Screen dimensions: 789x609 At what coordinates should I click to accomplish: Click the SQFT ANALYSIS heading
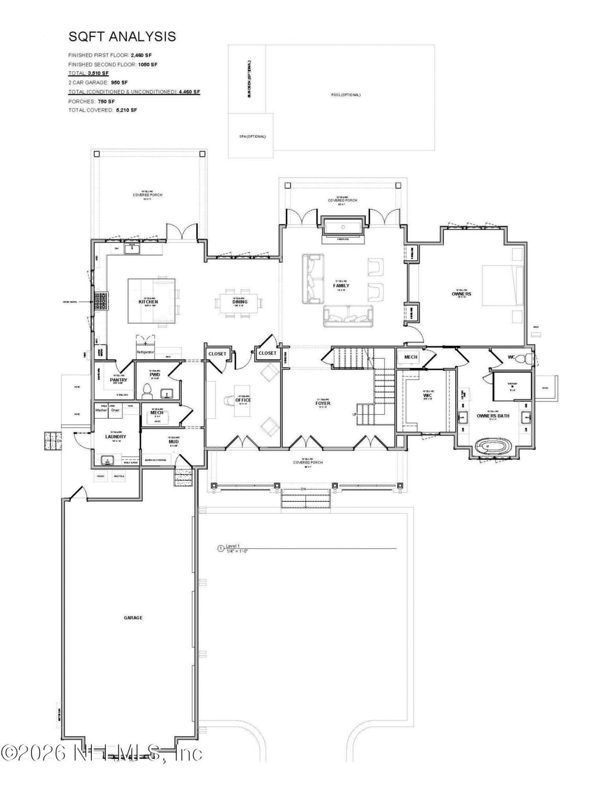click(x=122, y=37)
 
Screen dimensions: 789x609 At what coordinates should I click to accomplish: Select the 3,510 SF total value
click(x=98, y=73)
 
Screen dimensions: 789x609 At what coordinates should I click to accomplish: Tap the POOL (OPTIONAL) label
click(x=346, y=95)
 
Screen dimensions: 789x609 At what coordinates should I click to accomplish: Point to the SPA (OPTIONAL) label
click(x=252, y=137)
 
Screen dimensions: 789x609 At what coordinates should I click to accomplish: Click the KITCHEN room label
click(x=148, y=302)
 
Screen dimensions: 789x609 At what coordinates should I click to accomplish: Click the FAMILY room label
click(x=341, y=286)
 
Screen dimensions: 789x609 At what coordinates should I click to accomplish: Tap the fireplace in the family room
click(x=343, y=227)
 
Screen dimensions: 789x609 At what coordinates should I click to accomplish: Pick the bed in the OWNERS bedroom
click(x=502, y=285)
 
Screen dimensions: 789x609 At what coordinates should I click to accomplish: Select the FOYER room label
click(x=323, y=403)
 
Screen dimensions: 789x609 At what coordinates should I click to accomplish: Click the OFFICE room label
click(x=243, y=400)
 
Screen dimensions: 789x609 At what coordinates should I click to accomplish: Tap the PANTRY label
click(x=118, y=380)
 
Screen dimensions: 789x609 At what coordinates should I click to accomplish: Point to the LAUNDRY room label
click(x=116, y=437)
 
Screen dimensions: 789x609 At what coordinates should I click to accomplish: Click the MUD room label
click(x=173, y=442)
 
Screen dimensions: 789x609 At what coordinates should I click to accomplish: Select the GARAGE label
click(x=133, y=618)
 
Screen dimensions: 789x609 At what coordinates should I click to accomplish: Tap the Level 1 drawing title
click(x=233, y=546)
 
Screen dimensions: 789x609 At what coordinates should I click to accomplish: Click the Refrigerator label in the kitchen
click(x=146, y=352)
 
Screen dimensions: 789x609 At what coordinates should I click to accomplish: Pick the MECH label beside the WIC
click(x=411, y=357)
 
